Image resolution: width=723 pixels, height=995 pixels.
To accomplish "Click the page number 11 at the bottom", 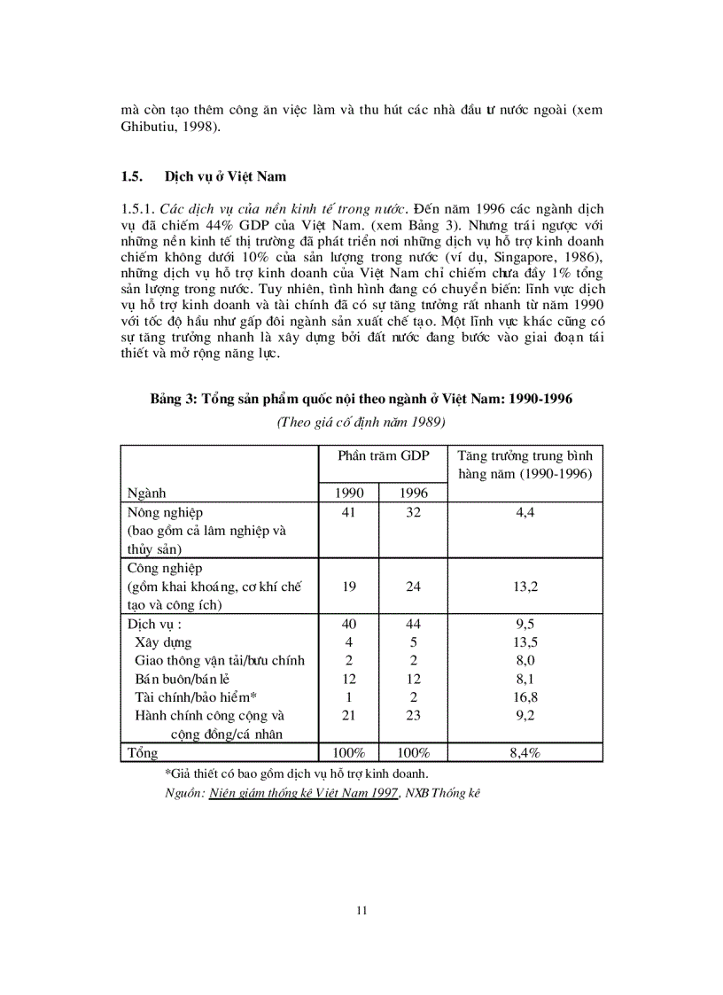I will (x=361, y=910).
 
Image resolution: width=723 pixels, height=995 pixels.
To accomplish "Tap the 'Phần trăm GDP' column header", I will (x=383, y=455).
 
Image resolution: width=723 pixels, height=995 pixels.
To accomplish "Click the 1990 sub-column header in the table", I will (x=348, y=493).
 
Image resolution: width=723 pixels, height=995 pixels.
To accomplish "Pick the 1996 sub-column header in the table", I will (x=413, y=493).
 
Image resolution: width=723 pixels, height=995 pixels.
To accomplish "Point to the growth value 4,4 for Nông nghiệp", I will (x=525, y=513).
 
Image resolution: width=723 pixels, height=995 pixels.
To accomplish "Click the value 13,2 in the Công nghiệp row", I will (x=525, y=587).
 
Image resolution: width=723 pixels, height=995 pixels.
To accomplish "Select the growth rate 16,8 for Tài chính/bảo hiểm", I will (x=525, y=697).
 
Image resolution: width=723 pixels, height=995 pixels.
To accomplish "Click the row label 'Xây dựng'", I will (x=163, y=642).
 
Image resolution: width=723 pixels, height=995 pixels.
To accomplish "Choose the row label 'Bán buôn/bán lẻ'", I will (x=180, y=679).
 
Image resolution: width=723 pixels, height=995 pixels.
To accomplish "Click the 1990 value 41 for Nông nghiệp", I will (x=348, y=513).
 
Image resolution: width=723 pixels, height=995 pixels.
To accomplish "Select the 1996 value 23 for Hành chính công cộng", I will (x=413, y=715).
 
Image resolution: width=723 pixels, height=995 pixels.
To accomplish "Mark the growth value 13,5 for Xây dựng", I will (x=525, y=642).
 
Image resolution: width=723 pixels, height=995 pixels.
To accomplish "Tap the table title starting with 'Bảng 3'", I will (x=361, y=399).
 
